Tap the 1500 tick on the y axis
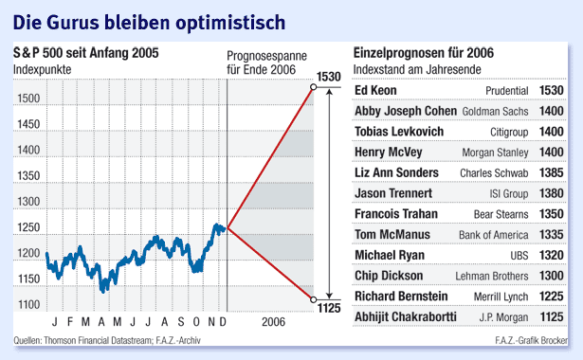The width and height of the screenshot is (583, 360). coord(27,99)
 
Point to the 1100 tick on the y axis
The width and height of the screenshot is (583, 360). coord(27,304)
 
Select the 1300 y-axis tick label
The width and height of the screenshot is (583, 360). coord(27,202)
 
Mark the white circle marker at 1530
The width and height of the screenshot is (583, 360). coord(313,89)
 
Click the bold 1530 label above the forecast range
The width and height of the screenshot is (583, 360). coord(329,76)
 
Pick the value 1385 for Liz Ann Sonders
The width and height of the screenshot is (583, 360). coord(552,173)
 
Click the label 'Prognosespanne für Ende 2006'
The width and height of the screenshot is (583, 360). coord(262,62)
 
